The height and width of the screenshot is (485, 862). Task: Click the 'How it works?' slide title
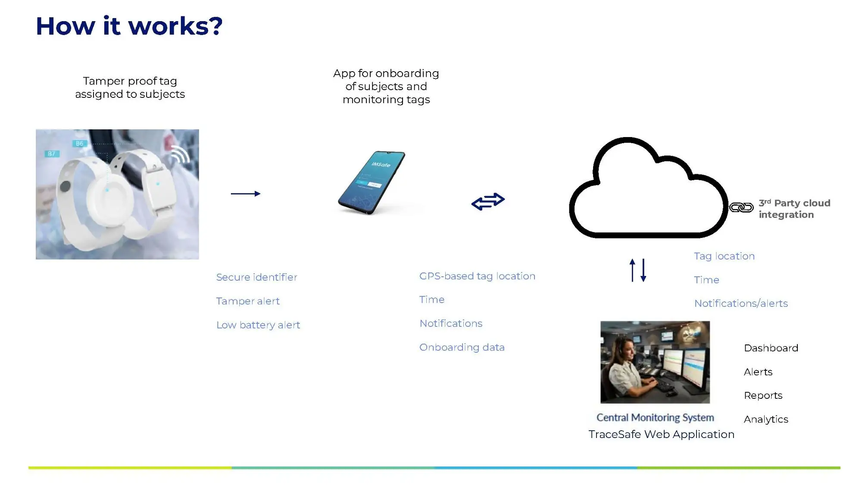click(129, 26)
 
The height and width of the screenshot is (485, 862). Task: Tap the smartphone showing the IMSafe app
click(372, 182)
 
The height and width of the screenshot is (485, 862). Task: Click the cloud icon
click(649, 188)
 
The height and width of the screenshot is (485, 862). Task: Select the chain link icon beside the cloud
click(741, 208)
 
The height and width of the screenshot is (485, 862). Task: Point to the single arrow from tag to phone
click(246, 194)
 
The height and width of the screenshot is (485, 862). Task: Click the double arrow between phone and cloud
click(488, 201)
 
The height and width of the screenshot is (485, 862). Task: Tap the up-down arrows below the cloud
click(638, 270)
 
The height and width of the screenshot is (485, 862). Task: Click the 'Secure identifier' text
click(256, 277)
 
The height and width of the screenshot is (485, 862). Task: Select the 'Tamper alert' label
click(248, 301)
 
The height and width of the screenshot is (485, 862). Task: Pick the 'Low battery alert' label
click(258, 325)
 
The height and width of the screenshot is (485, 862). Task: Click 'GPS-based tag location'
click(477, 276)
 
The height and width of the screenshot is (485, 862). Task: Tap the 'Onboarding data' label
click(462, 347)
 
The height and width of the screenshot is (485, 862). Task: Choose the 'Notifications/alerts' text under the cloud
click(741, 304)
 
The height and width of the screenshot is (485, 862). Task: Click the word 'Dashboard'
click(771, 348)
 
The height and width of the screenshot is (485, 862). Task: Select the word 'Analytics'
click(766, 419)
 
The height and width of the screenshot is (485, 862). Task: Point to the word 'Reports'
click(763, 396)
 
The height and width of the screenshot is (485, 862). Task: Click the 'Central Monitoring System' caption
click(655, 418)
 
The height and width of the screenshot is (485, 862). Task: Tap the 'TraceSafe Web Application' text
click(662, 435)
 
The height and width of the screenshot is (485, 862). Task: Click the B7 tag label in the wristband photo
click(51, 154)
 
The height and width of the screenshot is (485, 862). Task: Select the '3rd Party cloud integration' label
click(794, 209)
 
